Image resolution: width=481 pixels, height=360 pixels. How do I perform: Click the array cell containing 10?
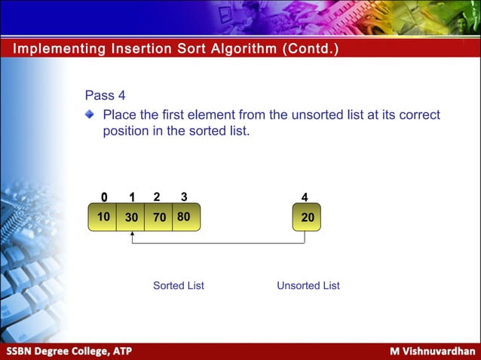[x=103, y=217]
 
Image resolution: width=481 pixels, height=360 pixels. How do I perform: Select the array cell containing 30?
[x=130, y=217]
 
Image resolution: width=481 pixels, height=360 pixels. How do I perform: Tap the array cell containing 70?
[x=158, y=217]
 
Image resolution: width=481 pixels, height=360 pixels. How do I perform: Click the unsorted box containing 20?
[x=307, y=217]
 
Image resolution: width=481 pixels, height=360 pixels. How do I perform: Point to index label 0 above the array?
[x=104, y=197]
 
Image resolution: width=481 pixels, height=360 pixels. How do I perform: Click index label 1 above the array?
[x=131, y=197]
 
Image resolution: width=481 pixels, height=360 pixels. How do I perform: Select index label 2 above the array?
[x=157, y=197]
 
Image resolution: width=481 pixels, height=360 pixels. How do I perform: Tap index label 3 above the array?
[x=184, y=197]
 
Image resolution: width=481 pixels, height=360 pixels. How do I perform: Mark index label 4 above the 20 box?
[x=305, y=197]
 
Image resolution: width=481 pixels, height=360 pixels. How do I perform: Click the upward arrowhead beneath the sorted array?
[x=132, y=234]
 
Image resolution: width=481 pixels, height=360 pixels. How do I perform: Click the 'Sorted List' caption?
[x=179, y=285]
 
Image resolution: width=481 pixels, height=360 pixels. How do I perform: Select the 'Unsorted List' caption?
[x=308, y=285]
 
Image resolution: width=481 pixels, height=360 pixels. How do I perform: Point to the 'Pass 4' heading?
[x=105, y=96]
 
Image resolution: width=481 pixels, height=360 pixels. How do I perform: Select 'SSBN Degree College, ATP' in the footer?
[x=69, y=352]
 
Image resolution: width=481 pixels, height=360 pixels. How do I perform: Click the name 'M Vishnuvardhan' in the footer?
[x=432, y=352]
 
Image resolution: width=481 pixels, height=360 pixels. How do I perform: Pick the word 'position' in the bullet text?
[x=126, y=131]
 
